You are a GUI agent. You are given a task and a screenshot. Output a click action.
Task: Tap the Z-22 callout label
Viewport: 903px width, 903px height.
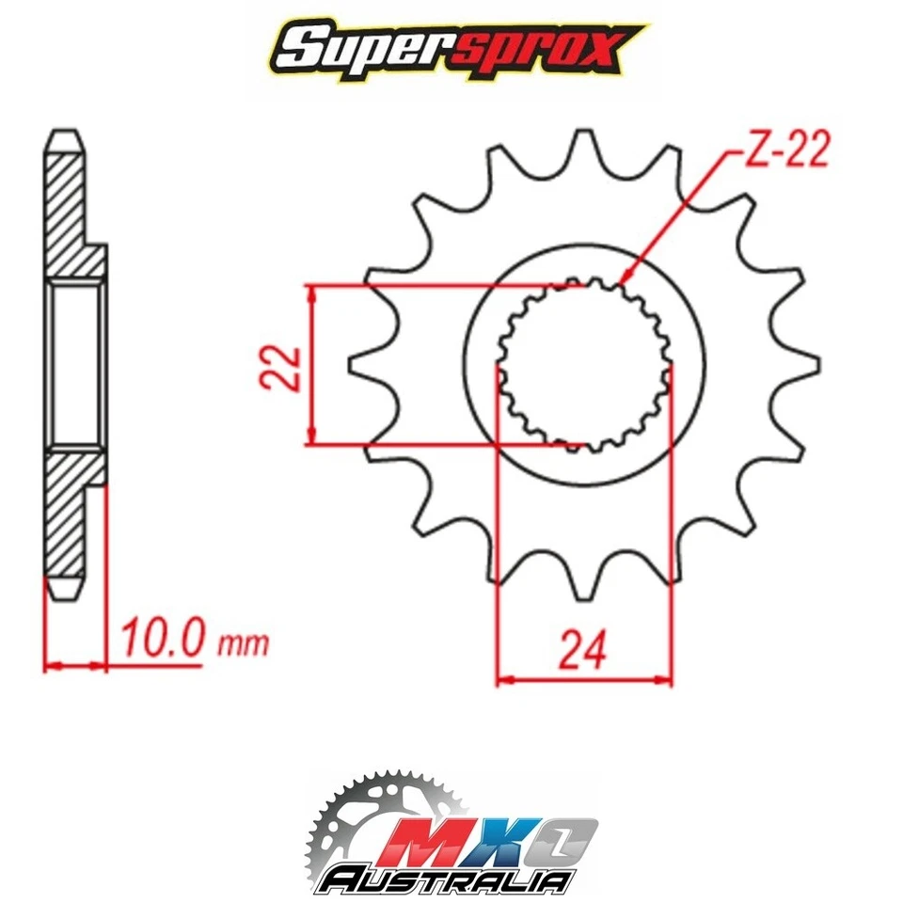(x=786, y=150)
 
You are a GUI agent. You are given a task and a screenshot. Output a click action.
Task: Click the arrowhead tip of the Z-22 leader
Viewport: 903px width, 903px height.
(x=623, y=281)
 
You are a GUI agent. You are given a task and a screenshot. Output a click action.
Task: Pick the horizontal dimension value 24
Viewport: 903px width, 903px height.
(x=583, y=650)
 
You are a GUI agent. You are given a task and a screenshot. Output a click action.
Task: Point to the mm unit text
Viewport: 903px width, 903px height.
(x=243, y=645)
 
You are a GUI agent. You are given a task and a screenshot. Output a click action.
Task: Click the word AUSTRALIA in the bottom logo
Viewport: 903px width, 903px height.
(x=446, y=880)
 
